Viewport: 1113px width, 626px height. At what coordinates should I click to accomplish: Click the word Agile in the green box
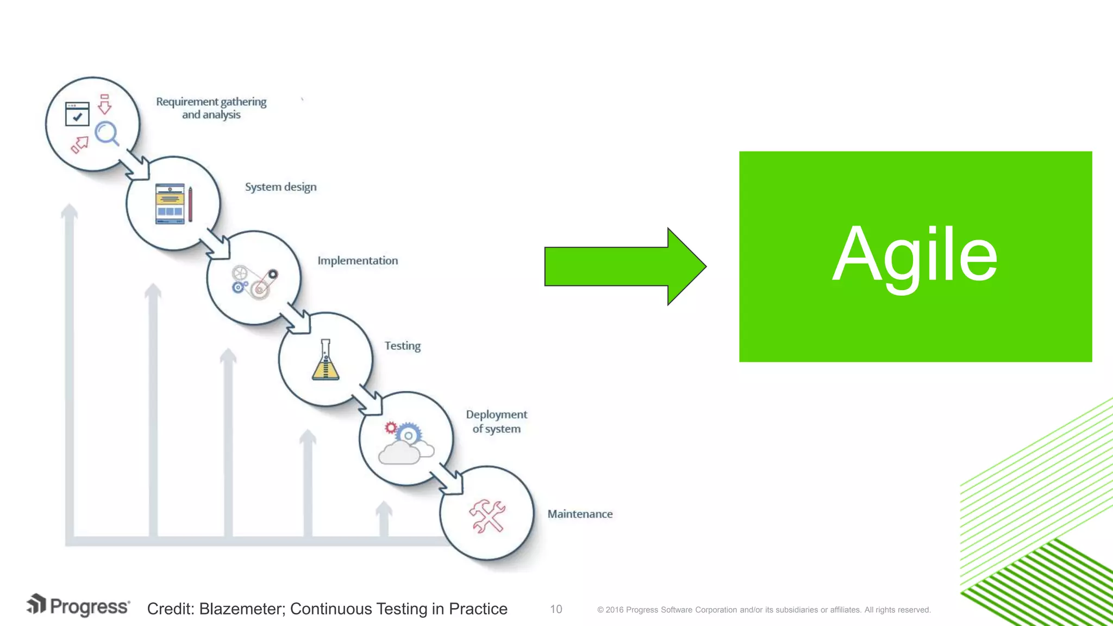coord(915,255)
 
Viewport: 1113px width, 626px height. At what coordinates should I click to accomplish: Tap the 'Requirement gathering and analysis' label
coord(211,108)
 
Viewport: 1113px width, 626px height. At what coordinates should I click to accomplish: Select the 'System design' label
coord(280,187)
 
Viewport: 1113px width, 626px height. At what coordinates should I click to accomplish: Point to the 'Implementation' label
coord(358,261)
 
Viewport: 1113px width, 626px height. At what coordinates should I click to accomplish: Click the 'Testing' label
coord(402,346)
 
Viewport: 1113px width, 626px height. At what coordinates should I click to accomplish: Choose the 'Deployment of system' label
coord(496,422)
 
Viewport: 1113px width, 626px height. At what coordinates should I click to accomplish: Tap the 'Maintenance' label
coord(580,514)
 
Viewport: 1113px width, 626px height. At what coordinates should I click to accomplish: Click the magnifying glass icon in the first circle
coord(107,133)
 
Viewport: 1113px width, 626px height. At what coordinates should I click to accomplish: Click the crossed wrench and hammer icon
coord(487,516)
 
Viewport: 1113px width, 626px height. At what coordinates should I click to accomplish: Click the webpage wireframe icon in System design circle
coord(170,204)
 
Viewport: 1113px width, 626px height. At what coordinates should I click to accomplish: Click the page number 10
coord(556,609)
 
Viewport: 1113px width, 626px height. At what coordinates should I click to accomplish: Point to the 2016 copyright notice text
coord(764,610)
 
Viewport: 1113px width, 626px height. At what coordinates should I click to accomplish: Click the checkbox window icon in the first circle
coord(77,114)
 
